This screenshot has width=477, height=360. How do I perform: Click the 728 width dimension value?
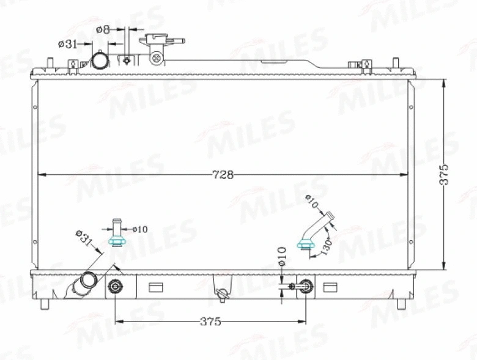click(x=223, y=175)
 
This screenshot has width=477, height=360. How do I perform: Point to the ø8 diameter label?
click(x=103, y=29)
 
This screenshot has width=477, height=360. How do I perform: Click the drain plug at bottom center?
click(x=222, y=295)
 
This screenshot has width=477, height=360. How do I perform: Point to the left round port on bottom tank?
click(x=115, y=286)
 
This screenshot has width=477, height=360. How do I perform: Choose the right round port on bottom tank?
click(x=305, y=286)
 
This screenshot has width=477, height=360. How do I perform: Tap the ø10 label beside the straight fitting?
click(x=139, y=229)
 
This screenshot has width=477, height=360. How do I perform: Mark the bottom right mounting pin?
click(x=401, y=303)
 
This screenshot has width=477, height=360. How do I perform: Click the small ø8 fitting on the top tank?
click(x=127, y=60)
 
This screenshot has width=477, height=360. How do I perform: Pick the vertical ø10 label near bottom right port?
click(x=282, y=255)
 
